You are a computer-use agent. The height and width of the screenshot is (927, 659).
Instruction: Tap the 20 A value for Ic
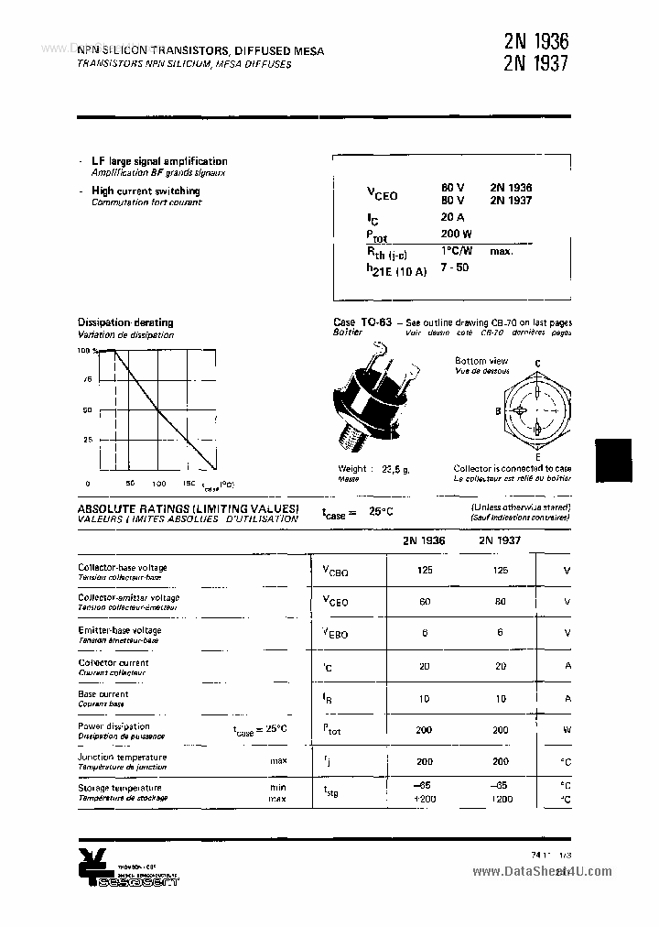(x=452, y=217)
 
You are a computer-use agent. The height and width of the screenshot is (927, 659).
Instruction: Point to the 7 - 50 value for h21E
(x=454, y=267)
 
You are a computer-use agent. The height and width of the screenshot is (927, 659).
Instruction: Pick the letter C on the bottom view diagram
(x=537, y=364)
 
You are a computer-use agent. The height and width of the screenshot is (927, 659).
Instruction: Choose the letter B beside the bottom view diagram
(x=498, y=411)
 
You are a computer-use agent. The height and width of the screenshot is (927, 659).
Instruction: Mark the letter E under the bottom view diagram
(x=537, y=456)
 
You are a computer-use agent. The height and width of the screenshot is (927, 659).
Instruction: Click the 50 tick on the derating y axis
(x=88, y=409)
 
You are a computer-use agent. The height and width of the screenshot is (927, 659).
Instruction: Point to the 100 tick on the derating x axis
(x=158, y=483)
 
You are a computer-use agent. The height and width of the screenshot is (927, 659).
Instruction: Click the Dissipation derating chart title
(x=125, y=322)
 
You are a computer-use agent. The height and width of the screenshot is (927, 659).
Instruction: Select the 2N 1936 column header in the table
(x=424, y=540)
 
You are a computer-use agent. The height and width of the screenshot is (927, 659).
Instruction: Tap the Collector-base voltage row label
(x=123, y=567)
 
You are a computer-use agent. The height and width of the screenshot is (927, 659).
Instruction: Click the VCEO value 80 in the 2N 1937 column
(x=500, y=601)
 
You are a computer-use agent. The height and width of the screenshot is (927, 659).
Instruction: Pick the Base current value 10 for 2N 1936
(x=424, y=698)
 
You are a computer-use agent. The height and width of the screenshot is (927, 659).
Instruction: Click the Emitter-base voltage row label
(x=120, y=630)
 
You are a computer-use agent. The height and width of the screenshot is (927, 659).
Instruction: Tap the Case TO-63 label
(x=362, y=322)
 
